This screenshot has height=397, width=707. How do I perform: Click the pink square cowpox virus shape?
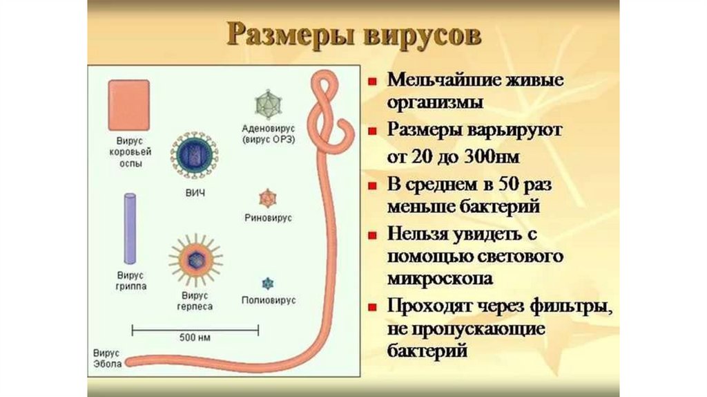click(x=128, y=104)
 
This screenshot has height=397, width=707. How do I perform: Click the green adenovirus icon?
click(x=267, y=104)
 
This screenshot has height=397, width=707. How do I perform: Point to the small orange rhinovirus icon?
click(x=267, y=198)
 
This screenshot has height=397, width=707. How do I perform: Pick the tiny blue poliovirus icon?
click(x=267, y=283)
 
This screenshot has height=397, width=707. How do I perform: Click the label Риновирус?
click(x=268, y=218)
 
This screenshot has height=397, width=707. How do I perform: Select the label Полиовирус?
click(x=269, y=301)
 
